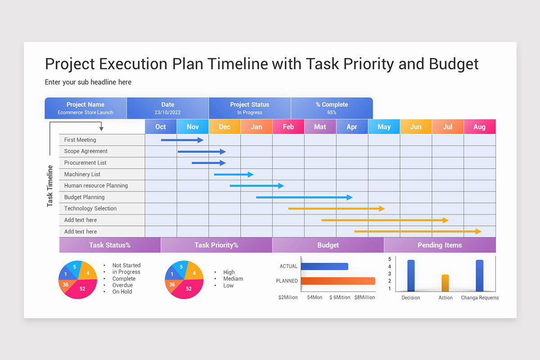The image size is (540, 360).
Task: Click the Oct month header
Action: click(x=161, y=127)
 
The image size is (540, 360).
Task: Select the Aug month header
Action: click(x=479, y=127)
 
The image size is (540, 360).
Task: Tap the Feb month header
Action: click(x=288, y=127)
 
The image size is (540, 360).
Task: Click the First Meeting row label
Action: click(x=80, y=140)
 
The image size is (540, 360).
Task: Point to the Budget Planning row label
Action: click(x=84, y=197)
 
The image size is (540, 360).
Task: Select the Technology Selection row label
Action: click(x=90, y=208)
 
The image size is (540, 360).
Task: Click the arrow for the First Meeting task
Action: click(x=182, y=140)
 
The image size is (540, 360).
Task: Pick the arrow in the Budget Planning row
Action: click(x=304, y=197)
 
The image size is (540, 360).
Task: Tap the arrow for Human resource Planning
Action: click(x=257, y=185)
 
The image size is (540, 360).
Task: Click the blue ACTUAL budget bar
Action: click(x=324, y=266)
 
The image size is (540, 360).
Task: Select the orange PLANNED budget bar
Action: click(x=338, y=281)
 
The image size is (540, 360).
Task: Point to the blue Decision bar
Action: click(x=411, y=275)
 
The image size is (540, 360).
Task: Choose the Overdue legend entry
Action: click(x=122, y=285)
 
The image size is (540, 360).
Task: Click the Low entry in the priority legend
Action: click(x=229, y=285)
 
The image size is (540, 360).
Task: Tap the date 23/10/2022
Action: click(x=167, y=112)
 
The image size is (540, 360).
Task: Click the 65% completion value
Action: click(x=332, y=112)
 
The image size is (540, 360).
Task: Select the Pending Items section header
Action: click(x=440, y=245)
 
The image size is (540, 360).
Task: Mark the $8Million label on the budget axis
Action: click(x=364, y=297)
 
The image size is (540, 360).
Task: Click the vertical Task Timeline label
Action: click(x=50, y=186)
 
